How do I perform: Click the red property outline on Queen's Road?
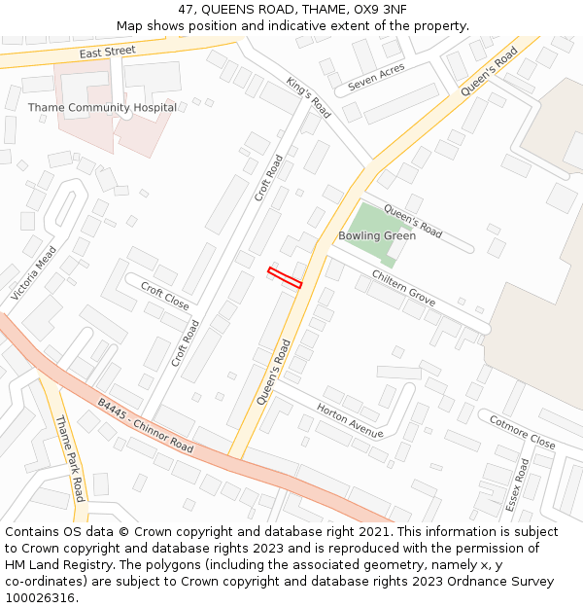[x=285, y=277]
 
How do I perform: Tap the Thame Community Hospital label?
[x=102, y=108]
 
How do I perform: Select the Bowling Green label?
[x=377, y=236]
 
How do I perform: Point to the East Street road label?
[x=107, y=52]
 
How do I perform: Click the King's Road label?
[x=309, y=97]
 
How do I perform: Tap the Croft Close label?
[x=165, y=296]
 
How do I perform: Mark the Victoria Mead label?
[x=34, y=272]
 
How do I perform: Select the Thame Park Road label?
[x=71, y=458]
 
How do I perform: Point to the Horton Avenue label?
[x=350, y=420]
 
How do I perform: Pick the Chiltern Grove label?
[x=403, y=288]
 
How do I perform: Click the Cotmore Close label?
[x=522, y=432]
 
